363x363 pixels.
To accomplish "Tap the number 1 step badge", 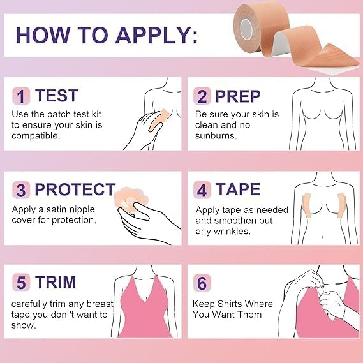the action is [21, 96].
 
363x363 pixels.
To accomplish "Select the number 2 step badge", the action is [202, 96].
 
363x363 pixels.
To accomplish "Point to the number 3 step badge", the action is [21, 190].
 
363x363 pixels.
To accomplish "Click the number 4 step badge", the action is [202, 190].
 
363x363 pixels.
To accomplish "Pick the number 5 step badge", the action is [21, 282].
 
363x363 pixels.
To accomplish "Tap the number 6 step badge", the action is [202, 282].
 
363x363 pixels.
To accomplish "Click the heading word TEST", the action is [56, 96].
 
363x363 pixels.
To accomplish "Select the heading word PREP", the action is [238, 96].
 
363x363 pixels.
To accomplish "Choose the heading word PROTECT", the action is [75, 189].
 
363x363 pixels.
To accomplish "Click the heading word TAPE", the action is [238, 189].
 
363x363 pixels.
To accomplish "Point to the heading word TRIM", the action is [56, 282].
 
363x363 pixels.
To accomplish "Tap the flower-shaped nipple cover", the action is [126, 199].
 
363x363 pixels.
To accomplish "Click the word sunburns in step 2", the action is [216, 136].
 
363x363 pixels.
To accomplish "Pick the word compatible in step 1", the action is [36, 136].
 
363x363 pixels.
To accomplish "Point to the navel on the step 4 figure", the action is [322, 237].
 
